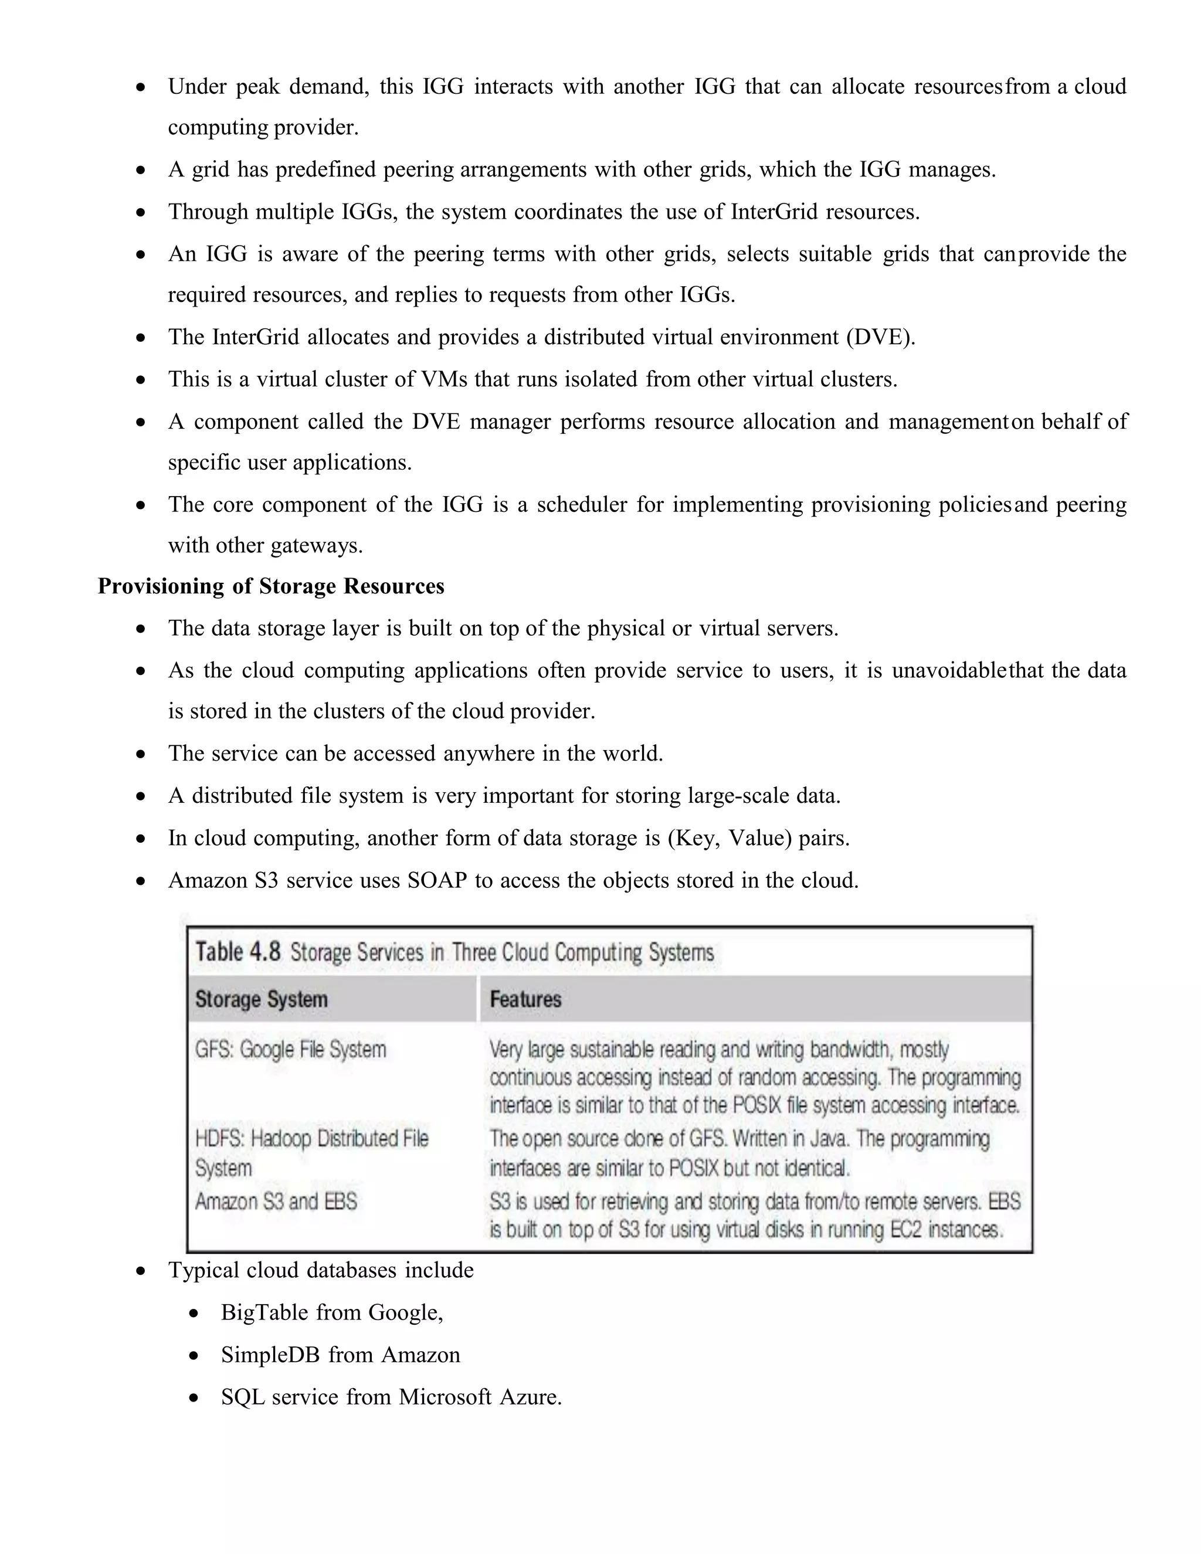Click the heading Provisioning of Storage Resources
pyautogui.click(x=270, y=586)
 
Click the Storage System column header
pyautogui.click(x=261, y=999)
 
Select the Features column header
pyautogui.click(x=525, y=999)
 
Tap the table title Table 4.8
pyautogui.click(x=238, y=952)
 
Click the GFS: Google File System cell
pyautogui.click(x=290, y=1050)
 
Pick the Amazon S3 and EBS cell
pyautogui.click(x=276, y=1202)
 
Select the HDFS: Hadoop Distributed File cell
pyautogui.click(x=311, y=1138)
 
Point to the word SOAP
pyautogui.click(x=437, y=881)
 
